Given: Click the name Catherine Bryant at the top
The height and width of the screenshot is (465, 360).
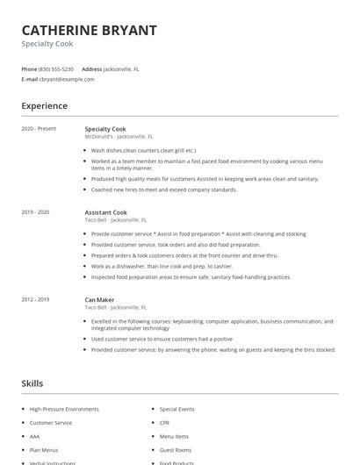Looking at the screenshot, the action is (89, 30).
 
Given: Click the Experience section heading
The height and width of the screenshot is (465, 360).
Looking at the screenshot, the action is (44, 106).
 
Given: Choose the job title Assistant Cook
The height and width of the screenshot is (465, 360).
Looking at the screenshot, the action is (106, 212).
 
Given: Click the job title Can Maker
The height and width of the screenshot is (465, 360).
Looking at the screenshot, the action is (99, 300).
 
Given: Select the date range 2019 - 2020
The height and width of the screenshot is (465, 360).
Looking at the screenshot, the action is (35, 212).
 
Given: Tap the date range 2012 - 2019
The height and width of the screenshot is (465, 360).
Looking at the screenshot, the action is (35, 300).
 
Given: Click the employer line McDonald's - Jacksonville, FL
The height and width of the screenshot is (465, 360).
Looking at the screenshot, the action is (119, 137).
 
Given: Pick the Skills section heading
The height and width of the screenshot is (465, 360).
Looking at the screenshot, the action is (32, 383).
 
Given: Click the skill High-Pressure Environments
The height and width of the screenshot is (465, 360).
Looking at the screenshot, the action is (64, 409).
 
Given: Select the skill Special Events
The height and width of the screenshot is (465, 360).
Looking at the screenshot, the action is (176, 409).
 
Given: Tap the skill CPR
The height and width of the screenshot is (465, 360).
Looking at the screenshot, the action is (165, 423).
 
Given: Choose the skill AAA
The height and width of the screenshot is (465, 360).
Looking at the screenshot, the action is (35, 436).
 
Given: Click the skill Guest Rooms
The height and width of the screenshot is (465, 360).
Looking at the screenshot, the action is (175, 449).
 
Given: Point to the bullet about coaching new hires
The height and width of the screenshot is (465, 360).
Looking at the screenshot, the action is (164, 190).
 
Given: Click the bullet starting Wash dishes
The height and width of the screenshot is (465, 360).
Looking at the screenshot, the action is (144, 150).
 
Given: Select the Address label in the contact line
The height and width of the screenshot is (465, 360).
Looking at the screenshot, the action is (91, 68).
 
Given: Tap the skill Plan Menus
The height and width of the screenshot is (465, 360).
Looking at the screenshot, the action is (42, 449).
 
